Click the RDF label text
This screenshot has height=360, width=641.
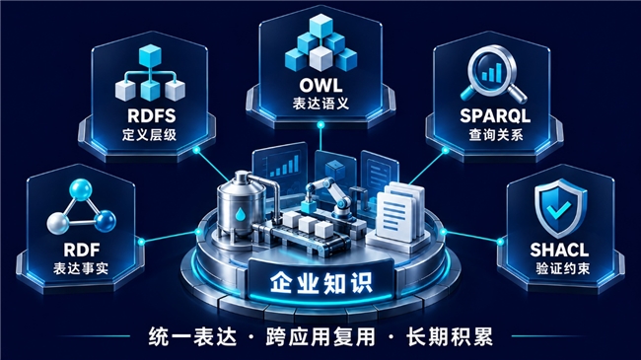click(x=82, y=250)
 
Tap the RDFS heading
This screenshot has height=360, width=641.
click(x=152, y=115)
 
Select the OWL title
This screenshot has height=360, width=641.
click(x=320, y=86)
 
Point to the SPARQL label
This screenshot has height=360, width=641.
click(x=495, y=115)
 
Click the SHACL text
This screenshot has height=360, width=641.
click(x=559, y=250)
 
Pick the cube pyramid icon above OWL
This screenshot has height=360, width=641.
click(x=320, y=43)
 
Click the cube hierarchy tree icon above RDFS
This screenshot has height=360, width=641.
click(x=151, y=74)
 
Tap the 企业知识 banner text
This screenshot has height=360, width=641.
click(x=320, y=282)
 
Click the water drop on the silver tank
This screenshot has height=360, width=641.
click(x=240, y=214)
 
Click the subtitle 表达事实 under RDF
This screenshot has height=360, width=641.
click(x=81, y=268)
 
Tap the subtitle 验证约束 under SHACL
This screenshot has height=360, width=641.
click(x=562, y=268)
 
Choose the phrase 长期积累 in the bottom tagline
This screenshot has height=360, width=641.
click(x=450, y=336)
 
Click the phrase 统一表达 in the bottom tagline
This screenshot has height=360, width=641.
click(x=192, y=336)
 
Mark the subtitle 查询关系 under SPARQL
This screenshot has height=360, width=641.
click(x=496, y=134)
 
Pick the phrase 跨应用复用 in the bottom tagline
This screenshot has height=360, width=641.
click(x=320, y=336)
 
